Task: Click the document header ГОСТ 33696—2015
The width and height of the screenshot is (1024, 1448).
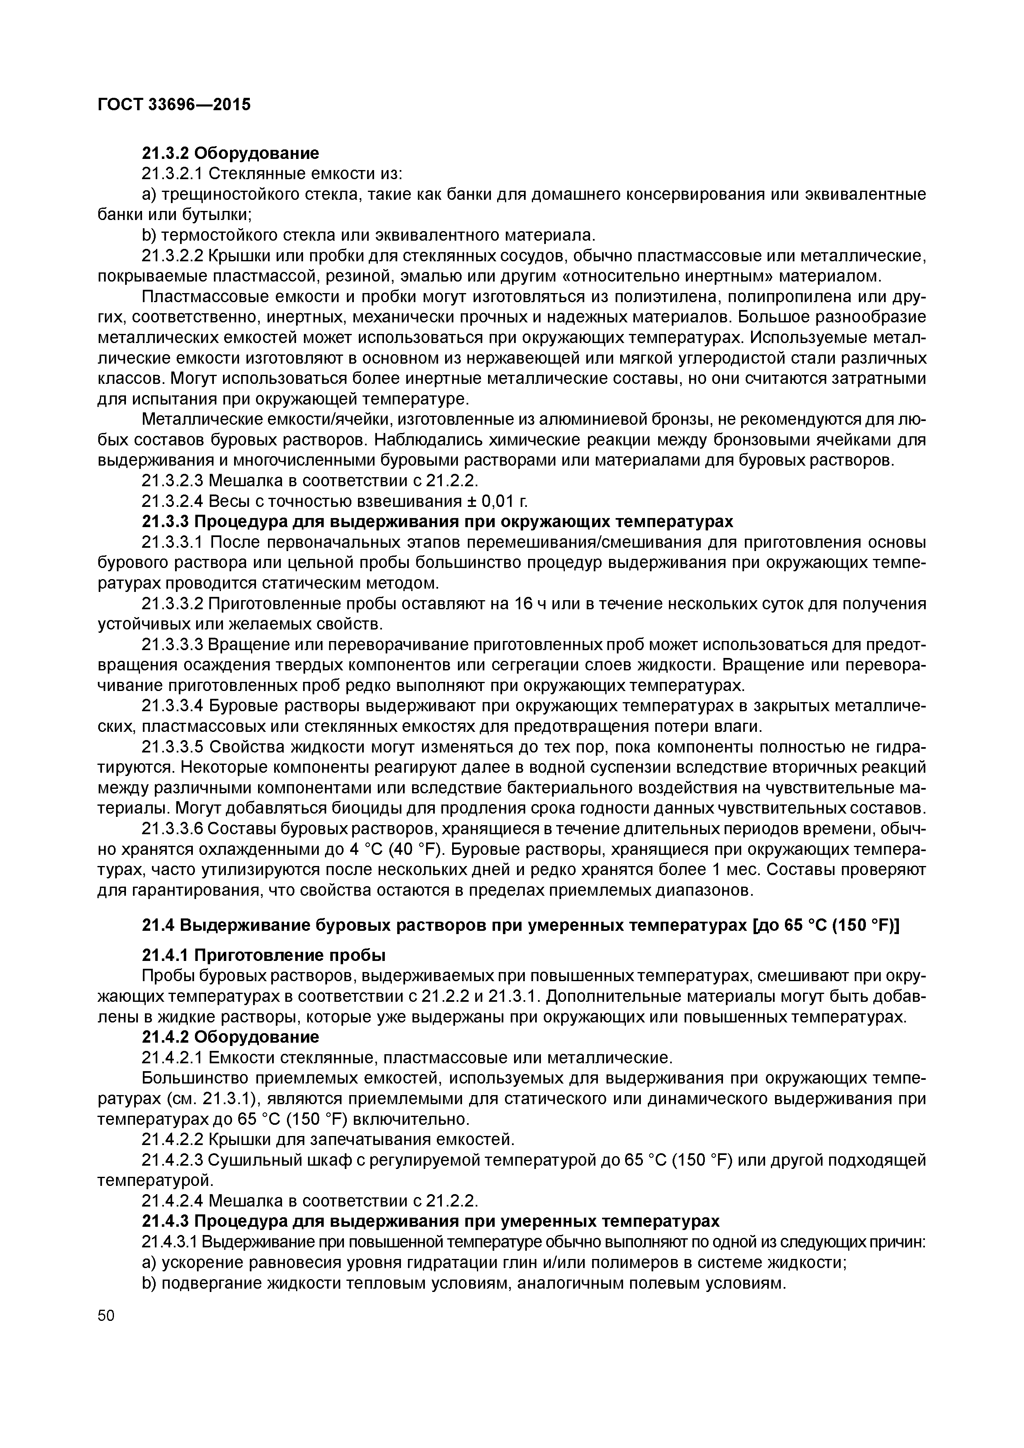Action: click(174, 104)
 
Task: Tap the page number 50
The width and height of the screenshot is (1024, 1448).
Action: click(107, 1316)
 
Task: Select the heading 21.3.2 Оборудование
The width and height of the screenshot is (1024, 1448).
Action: click(230, 153)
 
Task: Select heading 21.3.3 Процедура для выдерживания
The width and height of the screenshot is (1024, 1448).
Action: click(437, 522)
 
